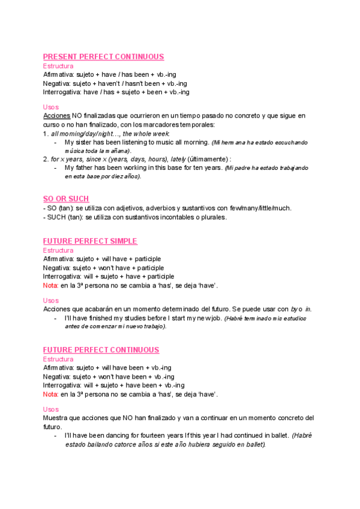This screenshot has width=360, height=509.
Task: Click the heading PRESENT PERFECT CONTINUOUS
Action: click(x=104, y=57)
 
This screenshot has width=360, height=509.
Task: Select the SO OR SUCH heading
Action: click(x=66, y=199)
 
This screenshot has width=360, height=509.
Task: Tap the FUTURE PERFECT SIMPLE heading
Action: click(x=90, y=241)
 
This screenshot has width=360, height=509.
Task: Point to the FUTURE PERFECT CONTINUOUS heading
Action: click(x=101, y=350)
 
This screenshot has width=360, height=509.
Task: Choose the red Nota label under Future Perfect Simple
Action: click(x=51, y=286)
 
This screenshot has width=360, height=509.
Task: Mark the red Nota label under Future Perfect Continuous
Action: click(x=51, y=394)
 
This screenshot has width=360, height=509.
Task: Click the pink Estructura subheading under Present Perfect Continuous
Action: click(x=58, y=66)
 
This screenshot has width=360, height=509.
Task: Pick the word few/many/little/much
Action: click(x=261, y=208)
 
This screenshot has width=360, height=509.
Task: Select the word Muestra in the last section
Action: click(x=56, y=417)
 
